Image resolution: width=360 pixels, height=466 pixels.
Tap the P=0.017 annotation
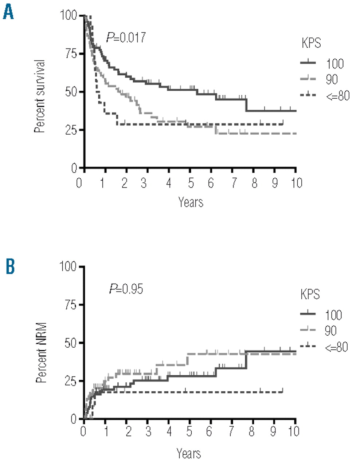[x=126, y=37]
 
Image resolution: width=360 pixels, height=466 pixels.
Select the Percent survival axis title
[x=40, y=91]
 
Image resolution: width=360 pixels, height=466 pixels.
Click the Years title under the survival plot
[x=191, y=201]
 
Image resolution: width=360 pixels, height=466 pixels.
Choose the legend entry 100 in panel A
[x=335, y=64]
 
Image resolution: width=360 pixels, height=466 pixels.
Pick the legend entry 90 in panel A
[x=331, y=79]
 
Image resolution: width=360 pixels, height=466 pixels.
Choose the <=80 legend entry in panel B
[x=336, y=347]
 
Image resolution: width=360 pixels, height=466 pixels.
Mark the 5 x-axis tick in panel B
[x=189, y=432]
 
